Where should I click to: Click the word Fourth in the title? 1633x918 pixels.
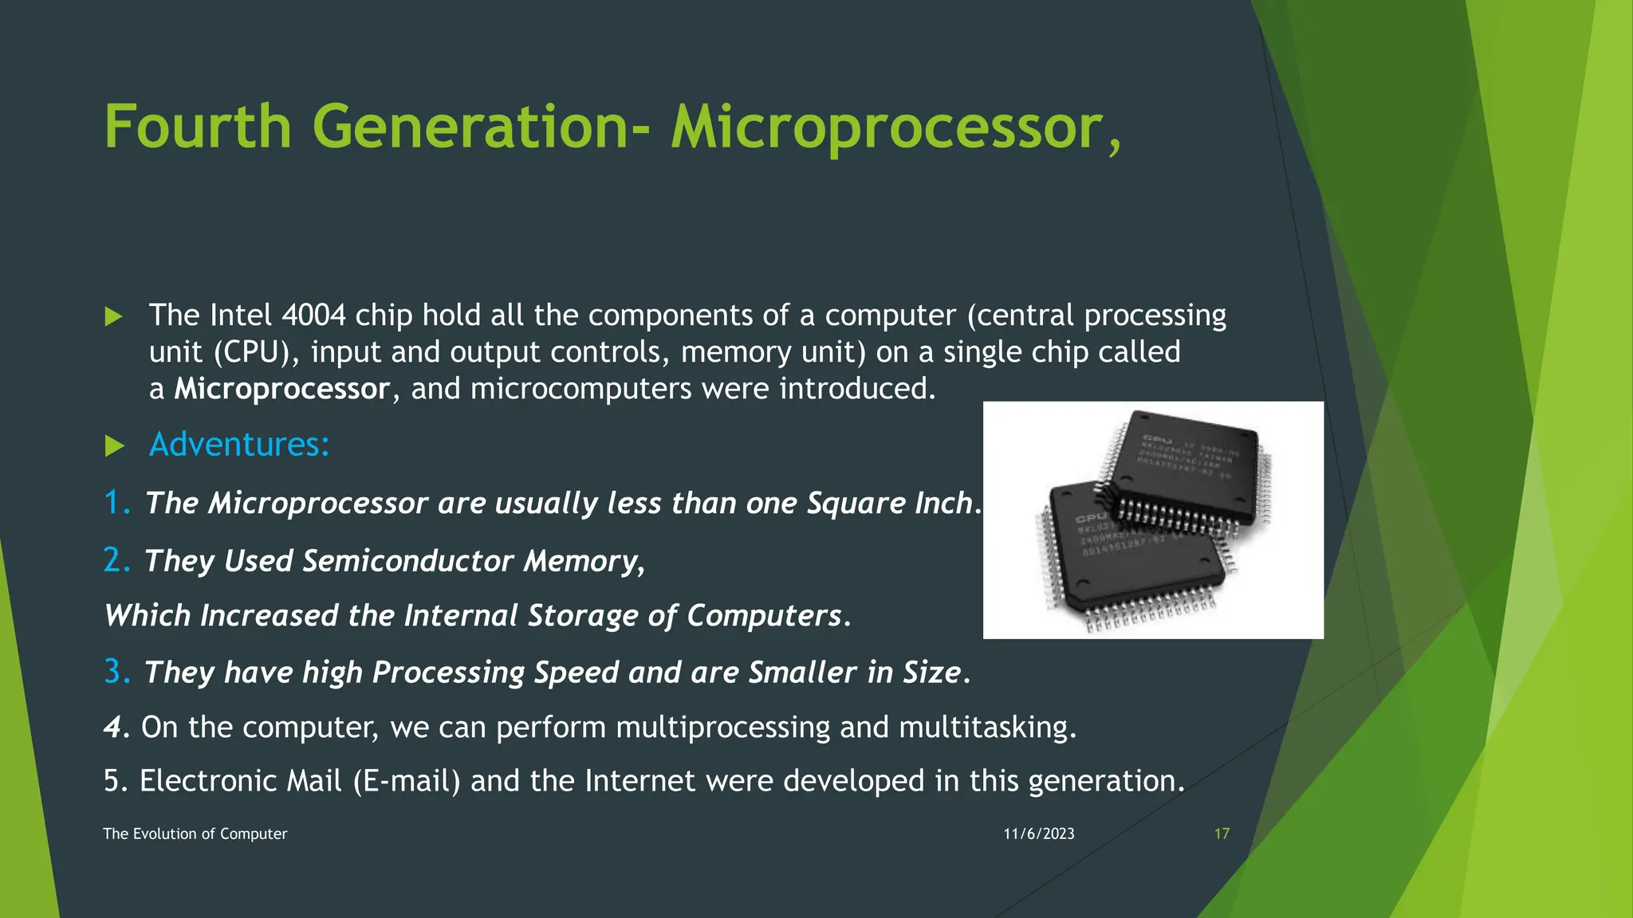click(x=198, y=127)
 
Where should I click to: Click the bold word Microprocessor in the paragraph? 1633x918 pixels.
click(x=282, y=390)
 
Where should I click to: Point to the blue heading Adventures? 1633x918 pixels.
click(x=239, y=445)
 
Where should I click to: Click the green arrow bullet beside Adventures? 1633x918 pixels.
click(x=115, y=446)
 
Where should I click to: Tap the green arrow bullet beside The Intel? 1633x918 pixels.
click(x=114, y=317)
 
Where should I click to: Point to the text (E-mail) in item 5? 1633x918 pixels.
click(x=407, y=781)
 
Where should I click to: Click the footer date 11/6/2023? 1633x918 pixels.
click(x=1038, y=834)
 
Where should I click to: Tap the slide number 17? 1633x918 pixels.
click(x=1222, y=834)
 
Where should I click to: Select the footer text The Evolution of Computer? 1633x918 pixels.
click(x=195, y=834)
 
